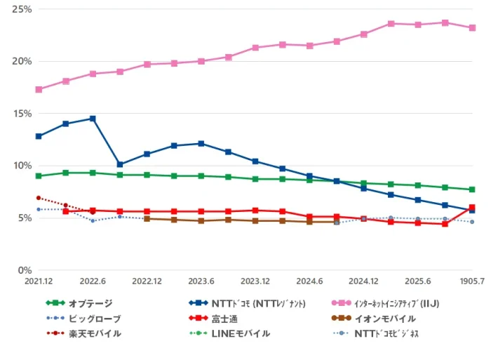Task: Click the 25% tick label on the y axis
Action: click(22, 9)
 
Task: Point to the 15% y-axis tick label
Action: click(22, 114)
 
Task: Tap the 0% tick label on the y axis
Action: click(25, 270)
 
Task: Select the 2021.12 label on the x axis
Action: click(39, 281)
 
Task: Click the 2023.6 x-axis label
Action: click(201, 281)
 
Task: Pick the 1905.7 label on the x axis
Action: click(472, 281)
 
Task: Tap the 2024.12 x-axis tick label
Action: click(363, 281)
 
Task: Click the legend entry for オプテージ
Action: click(79, 303)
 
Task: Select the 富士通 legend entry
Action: click(213, 319)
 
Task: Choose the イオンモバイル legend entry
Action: click(374, 319)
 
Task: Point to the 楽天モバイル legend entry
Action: click(83, 333)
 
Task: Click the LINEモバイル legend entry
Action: click(229, 333)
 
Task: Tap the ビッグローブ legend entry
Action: click(83, 319)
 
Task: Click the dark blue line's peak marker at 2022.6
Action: click(93, 119)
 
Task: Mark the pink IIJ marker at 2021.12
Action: click(39, 90)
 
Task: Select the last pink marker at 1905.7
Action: click(472, 28)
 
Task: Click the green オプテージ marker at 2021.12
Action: click(39, 176)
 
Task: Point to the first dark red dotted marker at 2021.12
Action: click(39, 198)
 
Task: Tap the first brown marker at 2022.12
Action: click(147, 219)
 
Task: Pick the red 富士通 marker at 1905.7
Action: click(472, 207)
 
